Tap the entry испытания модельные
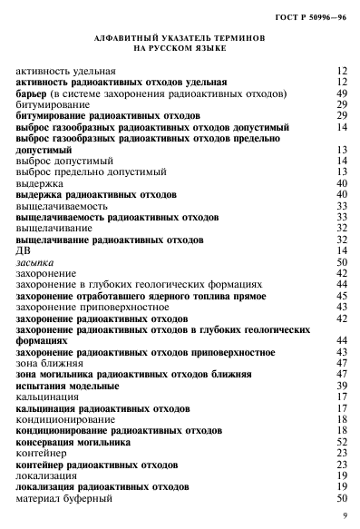(x=70, y=385)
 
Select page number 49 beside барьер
(x=343, y=93)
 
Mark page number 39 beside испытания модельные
(x=343, y=385)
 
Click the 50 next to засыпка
(x=343, y=261)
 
